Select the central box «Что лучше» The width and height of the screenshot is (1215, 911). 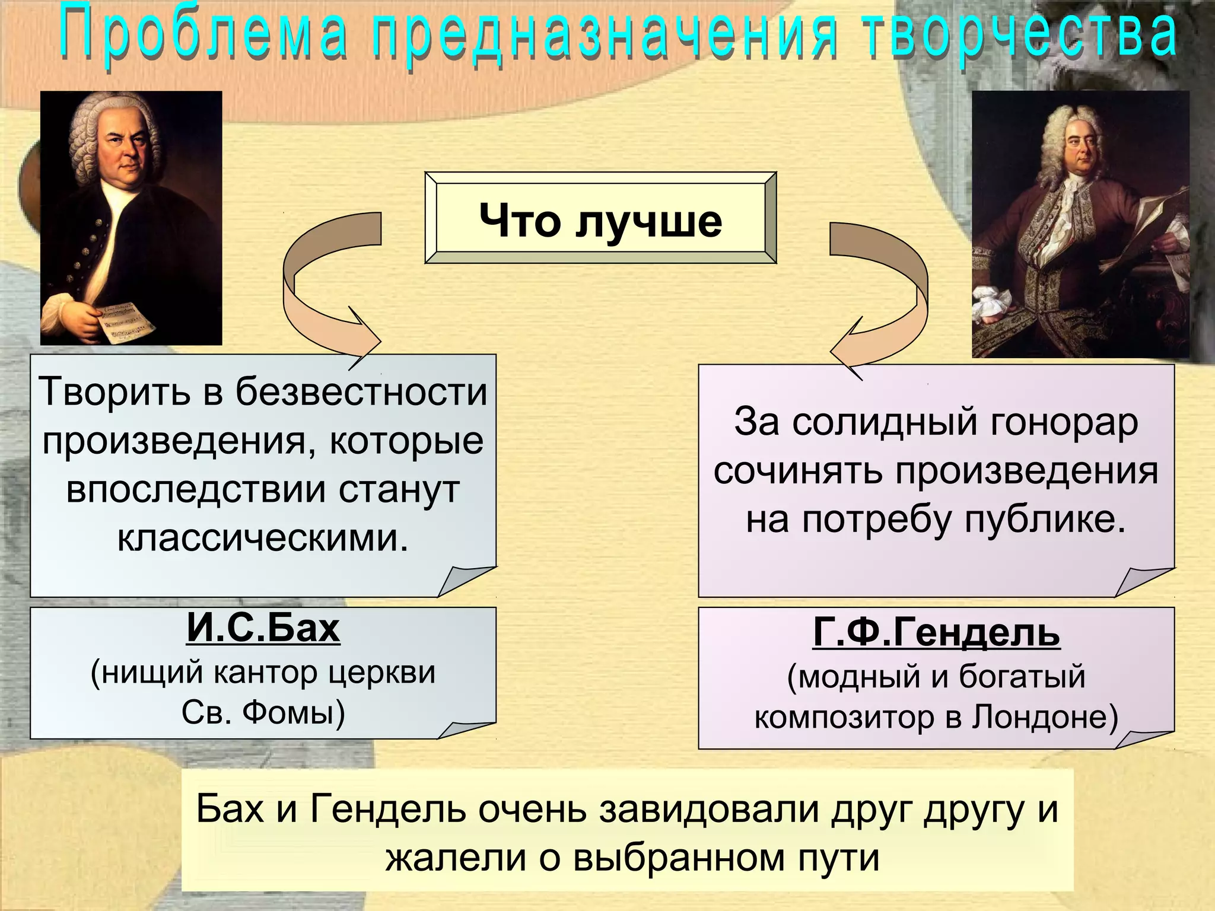(600, 219)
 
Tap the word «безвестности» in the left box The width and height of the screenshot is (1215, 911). (361, 392)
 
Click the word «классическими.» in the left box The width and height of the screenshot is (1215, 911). (263, 538)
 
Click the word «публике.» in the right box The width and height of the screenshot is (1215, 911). (1045, 520)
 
